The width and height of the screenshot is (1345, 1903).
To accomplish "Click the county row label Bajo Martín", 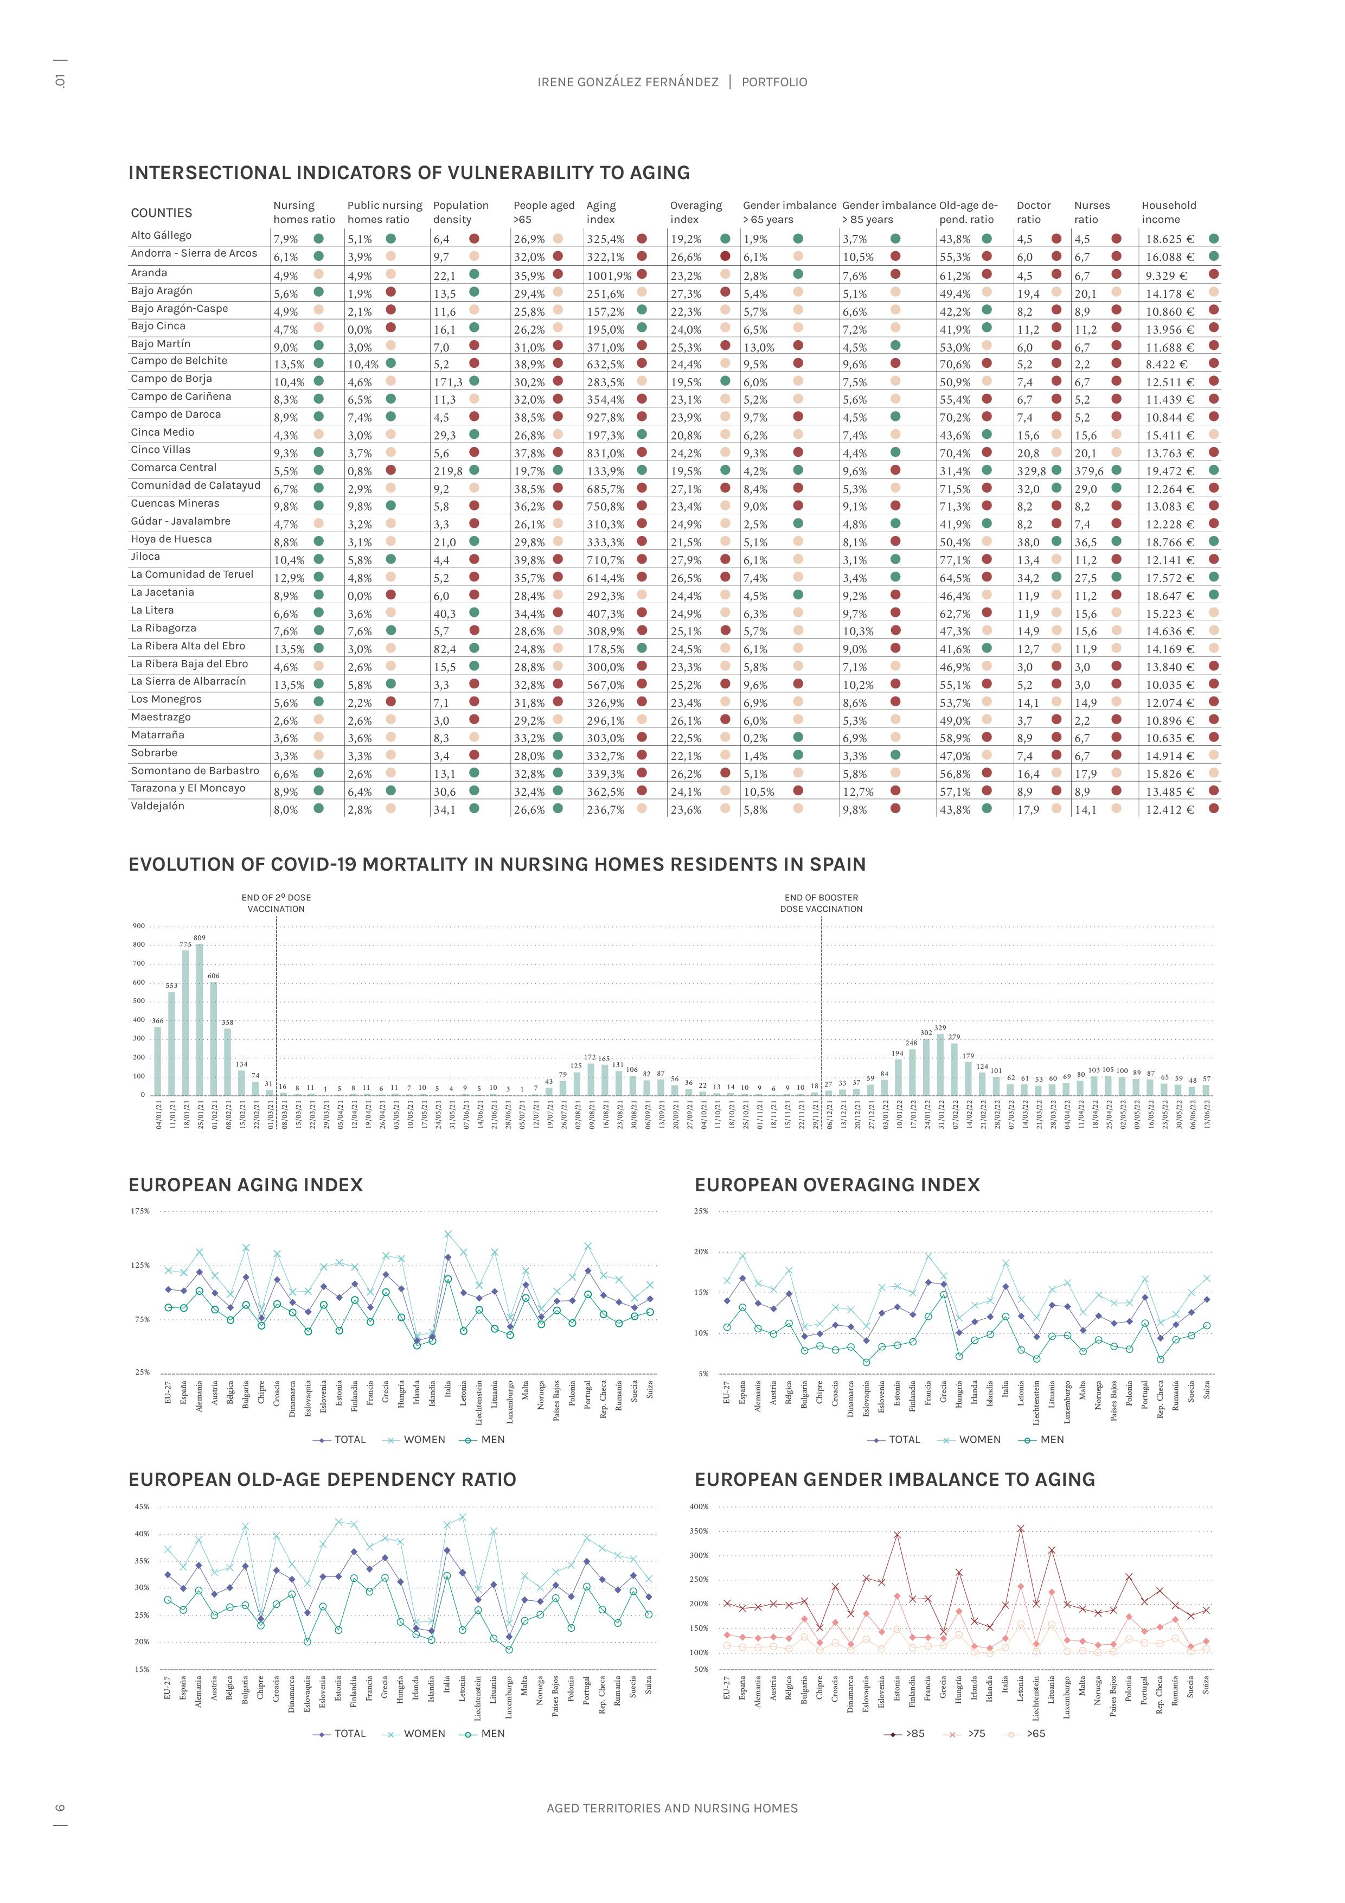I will (161, 344).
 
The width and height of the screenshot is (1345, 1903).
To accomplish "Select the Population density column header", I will (461, 212).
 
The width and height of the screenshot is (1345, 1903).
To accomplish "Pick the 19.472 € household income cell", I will (1170, 471).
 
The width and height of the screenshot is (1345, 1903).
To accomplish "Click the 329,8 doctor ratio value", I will (1032, 471).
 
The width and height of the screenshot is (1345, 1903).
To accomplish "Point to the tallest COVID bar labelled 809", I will (200, 1019).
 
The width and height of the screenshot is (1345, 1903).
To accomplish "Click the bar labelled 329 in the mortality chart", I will (940, 1064).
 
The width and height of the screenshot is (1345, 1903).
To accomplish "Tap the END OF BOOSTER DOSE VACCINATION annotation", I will (821, 903).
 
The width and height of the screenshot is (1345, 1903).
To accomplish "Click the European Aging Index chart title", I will (245, 1185).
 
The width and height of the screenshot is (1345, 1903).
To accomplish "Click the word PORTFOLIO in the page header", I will (774, 82).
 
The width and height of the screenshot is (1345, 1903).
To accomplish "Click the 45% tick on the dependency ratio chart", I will (142, 1507).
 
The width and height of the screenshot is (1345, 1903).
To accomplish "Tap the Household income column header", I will (1169, 212).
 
